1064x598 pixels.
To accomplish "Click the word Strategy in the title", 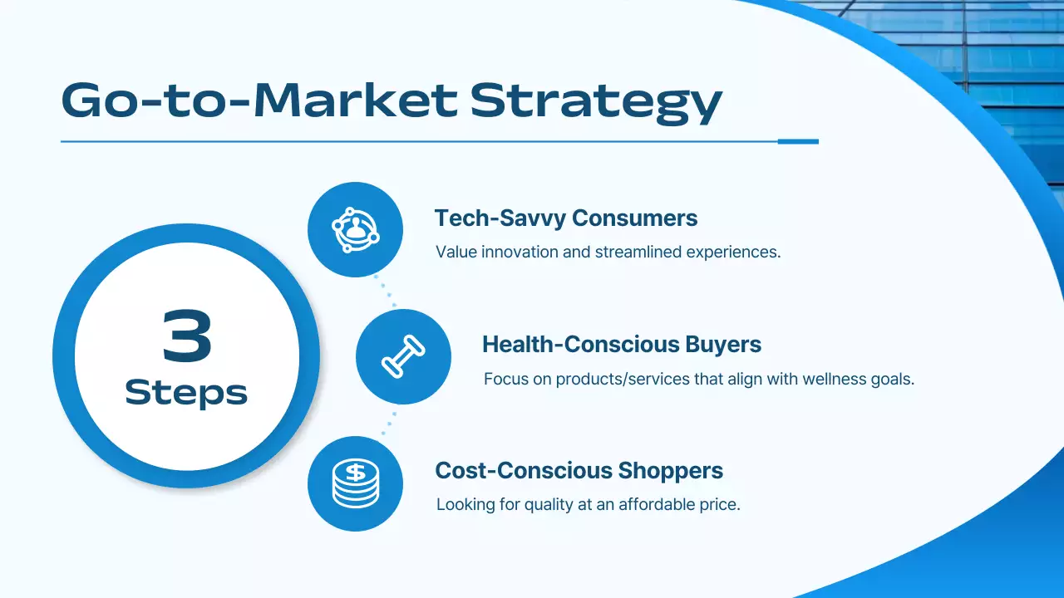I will [x=595, y=101].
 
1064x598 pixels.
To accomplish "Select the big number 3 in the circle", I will [x=187, y=336].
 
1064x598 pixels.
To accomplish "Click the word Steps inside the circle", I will [x=186, y=392].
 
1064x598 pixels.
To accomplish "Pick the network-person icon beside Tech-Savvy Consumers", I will [x=355, y=230].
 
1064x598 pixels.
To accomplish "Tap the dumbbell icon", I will [x=403, y=357].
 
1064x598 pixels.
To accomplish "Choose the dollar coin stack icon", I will [x=355, y=483].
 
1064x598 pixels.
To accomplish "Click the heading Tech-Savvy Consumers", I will [x=565, y=218].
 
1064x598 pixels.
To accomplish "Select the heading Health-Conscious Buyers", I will [x=622, y=344].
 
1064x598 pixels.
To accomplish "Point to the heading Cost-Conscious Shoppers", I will [x=579, y=471].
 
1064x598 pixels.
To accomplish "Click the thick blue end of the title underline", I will [x=798, y=141].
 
